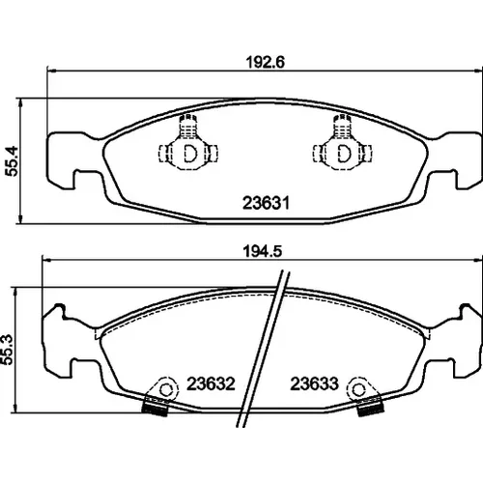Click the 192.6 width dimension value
pyautogui.click(x=266, y=62)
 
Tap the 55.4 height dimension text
pyautogui.click(x=13, y=160)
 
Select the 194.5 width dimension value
pyautogui.click(x=263, y=251)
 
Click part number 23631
pyautogui.click(x=267, y=203)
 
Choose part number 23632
pyautogui.click(x=212, y=384)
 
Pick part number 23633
pyautogui.click(x=314, y=384)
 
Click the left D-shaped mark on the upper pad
pyautogui.click(x=189, y=154)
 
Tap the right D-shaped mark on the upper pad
pyautogui.click(x=344, y=154)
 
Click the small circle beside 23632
pyautogui.click(x=166, y=390)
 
